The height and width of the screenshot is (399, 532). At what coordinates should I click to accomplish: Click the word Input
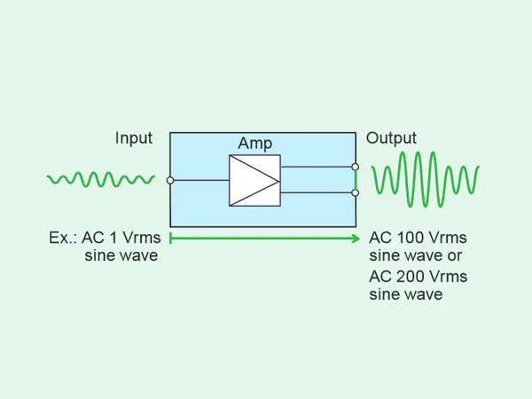click(134, 138)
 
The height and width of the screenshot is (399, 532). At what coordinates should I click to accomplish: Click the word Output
click(391, 138)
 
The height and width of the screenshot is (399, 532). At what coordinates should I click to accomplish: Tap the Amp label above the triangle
click(254, 144)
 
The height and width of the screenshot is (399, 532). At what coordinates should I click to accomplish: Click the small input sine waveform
click(100, 180)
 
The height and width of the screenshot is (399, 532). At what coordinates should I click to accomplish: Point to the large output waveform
click(426, 178)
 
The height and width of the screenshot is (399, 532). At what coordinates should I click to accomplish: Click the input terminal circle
click(169, 180)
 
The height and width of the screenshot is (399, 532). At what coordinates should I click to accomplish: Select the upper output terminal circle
click(356, 167)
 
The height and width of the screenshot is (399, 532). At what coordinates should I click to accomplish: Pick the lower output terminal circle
click(356, 192)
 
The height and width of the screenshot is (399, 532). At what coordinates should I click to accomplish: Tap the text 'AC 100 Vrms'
click(418, 239)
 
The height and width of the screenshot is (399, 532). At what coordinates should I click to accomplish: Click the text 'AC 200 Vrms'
click(418, 277)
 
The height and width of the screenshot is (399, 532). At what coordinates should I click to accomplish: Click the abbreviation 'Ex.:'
click(66, 239)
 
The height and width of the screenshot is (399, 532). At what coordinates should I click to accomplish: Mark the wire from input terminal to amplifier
click(200, 180)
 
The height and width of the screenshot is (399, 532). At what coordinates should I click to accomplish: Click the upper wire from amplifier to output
click(317, 167)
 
